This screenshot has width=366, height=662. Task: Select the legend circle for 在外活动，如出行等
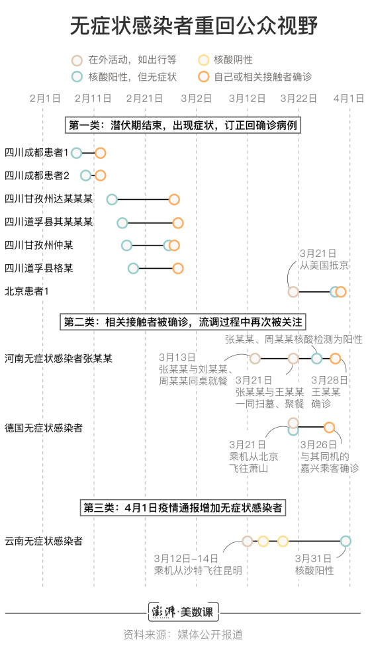(x=77, y=60)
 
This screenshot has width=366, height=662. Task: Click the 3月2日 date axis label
(x=197, y=99)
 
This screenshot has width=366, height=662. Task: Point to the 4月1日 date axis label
(x=348, y=99)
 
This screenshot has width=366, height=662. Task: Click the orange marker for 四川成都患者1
(x=100, y=153)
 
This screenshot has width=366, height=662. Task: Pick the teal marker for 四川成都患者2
(x=85, y=175)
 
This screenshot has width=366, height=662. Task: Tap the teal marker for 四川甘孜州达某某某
(x=112, y=200)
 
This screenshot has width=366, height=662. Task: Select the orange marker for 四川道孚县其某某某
(x=178, y=223)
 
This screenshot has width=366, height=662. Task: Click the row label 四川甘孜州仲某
(x=39, y=245)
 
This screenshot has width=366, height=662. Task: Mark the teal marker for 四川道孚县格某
(x=133, y=268)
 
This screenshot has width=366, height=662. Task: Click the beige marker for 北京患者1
(x=293, y=291)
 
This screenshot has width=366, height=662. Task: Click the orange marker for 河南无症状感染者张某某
(x=335, y=358)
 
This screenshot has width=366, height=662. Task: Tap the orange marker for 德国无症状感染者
(x=330, y=427)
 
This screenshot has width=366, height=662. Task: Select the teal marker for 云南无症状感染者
(x=345, y=541)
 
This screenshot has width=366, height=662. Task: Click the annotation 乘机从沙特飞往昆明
(x=199, y=571)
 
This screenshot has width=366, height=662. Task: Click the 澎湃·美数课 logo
(x=183, y=612)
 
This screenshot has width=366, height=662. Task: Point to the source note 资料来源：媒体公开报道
(x=183, y=635)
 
